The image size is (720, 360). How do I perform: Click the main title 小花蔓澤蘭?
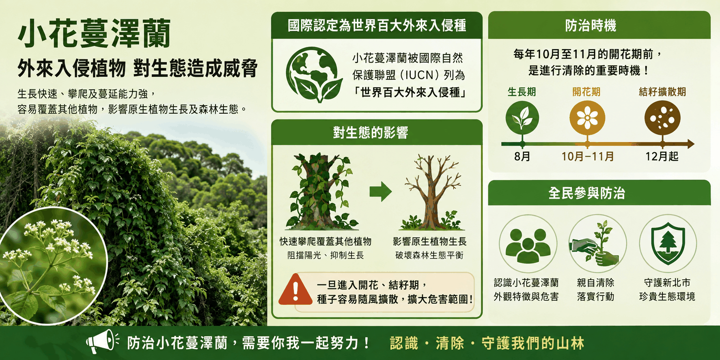coord(94,33)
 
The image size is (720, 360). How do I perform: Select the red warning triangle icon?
coord(295,289)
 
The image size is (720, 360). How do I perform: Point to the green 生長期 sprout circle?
coord(522,118)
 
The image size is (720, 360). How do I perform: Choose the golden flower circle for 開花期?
coord(587,118)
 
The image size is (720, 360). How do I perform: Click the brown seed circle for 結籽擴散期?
coord(662,118)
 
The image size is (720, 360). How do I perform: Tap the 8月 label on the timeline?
coord(522,156)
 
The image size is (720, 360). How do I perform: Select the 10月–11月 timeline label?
coord(587,156)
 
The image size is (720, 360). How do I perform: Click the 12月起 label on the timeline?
coord(662,156)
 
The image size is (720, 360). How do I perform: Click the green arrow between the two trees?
coord(380,192)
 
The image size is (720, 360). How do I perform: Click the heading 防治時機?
coord(591,26)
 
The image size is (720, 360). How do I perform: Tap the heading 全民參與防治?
coord(586,193)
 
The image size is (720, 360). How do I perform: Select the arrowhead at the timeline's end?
coord(690,144)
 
